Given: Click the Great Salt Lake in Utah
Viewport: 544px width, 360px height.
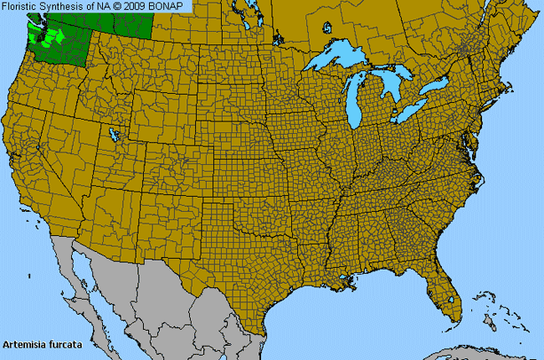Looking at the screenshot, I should [x=113, y=133].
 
